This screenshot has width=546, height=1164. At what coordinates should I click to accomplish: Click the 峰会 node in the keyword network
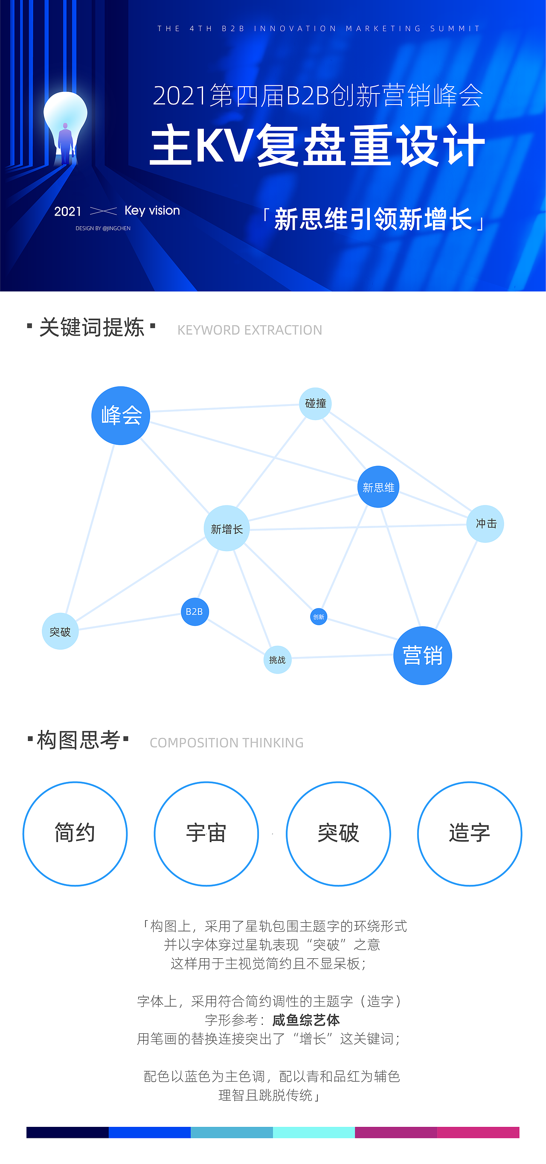(121, 415)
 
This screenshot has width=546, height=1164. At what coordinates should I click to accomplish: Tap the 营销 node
(422, 655)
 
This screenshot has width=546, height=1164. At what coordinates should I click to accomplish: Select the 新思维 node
(378, 487)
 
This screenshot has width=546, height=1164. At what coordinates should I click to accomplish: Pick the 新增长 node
(227, 528)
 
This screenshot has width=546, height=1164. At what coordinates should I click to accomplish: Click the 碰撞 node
(315, 403)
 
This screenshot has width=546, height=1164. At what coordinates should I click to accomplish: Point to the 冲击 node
(485, 523)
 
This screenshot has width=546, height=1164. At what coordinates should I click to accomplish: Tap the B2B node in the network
(195, 611)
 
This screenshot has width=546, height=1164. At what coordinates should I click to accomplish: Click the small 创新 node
(318, 616)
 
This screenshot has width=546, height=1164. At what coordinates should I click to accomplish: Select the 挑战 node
(277, 660)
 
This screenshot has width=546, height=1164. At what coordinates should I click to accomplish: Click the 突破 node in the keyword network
(60, 631)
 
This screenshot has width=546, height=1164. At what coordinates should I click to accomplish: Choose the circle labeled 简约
(75, 833)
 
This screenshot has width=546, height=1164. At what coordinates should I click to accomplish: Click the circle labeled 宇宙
(206, 833)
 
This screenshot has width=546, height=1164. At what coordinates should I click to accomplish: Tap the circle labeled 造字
(469, 833)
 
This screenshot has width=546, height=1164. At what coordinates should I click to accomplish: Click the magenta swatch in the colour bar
(478, 1132)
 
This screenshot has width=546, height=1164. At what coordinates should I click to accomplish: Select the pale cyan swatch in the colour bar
(314, 1132)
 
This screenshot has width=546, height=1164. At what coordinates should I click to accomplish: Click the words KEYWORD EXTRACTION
(250, 330)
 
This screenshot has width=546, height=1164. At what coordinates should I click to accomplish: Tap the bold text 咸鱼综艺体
(306, 1020)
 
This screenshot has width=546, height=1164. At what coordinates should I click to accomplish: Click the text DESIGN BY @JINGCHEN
(103, 228)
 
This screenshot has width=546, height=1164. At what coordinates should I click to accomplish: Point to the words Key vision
(152, 210)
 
